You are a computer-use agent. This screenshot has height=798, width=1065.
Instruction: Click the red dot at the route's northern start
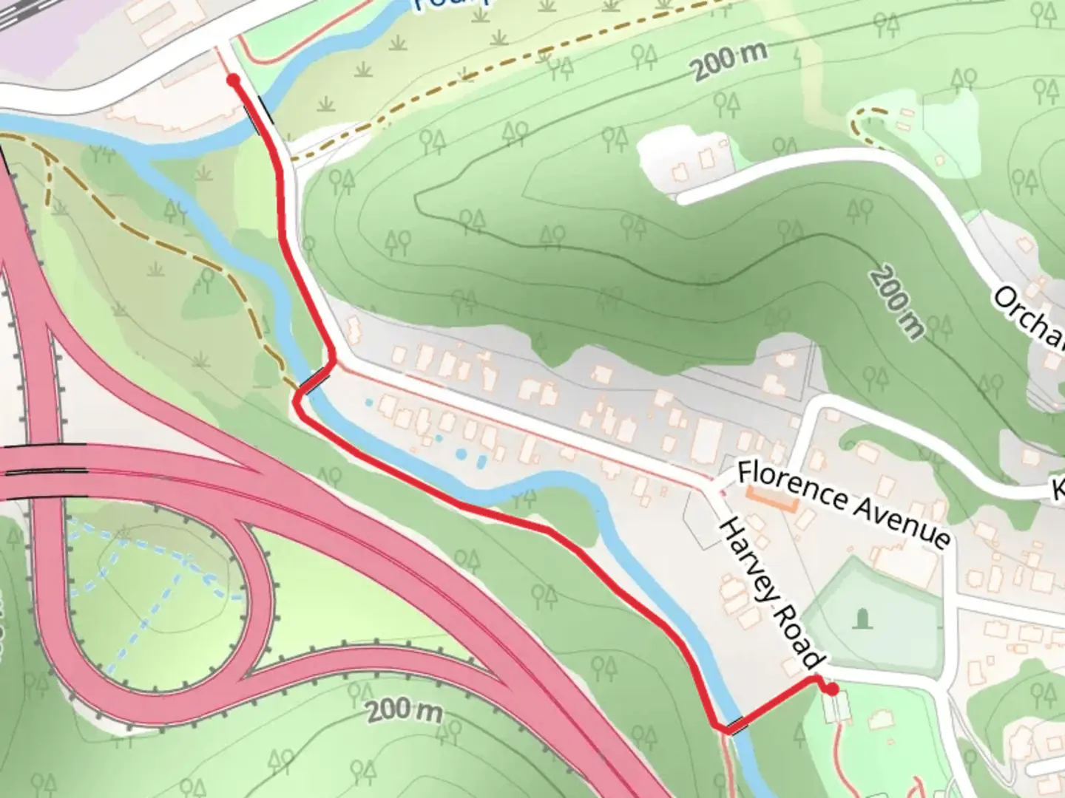(x=233, y=80)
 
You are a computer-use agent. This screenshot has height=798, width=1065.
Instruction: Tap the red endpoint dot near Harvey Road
(x=832, y=690)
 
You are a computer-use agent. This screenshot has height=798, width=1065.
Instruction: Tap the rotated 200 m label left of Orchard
(x=896, y=304)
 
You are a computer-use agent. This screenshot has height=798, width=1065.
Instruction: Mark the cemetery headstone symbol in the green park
(x=862, y=618)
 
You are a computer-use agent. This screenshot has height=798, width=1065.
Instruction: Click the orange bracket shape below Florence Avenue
(x=771, y=502)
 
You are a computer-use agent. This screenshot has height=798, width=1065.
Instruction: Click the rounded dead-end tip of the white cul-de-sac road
(x=682, y=198)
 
